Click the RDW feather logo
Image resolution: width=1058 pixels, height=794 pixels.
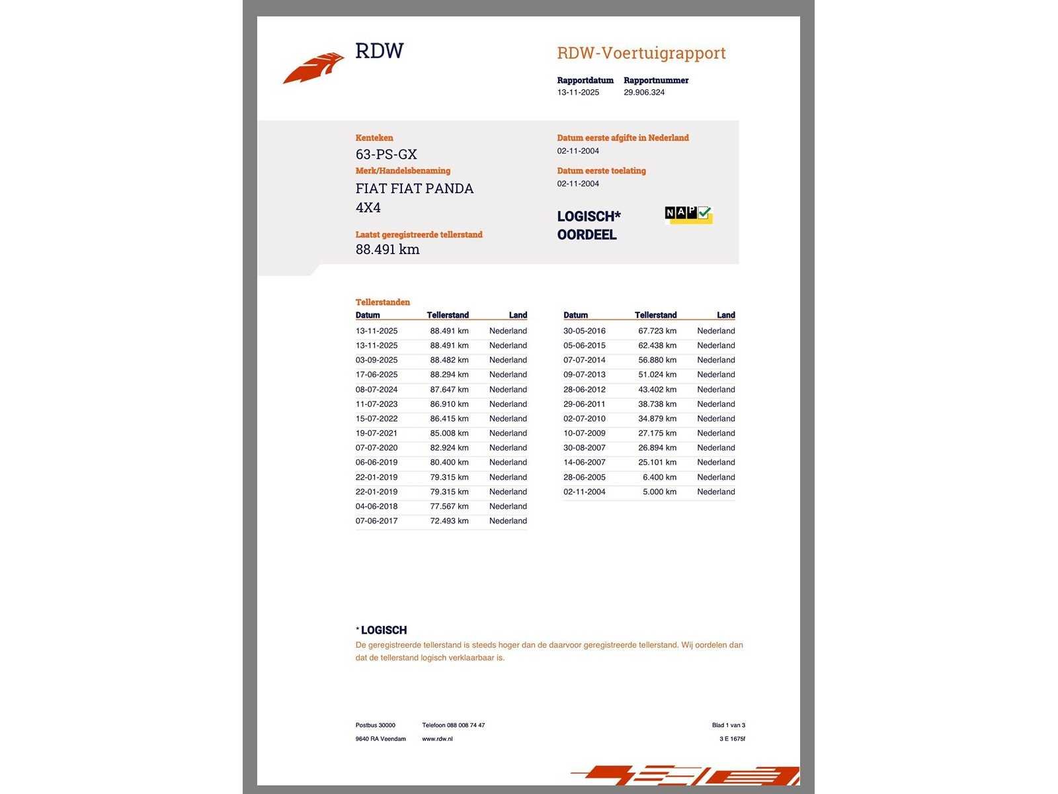point(314,67)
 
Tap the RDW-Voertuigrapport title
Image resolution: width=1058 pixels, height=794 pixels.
point(641,53)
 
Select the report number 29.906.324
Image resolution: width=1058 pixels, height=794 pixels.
point(643,93)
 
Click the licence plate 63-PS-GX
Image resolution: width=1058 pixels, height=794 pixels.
point(386,154)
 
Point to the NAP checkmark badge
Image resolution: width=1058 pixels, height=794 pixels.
point(688,214)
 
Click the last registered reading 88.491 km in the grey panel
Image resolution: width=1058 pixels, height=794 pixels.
point(387,249)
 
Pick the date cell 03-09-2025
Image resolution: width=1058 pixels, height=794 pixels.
point(376,360)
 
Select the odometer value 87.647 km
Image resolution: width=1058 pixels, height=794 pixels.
point(449,390)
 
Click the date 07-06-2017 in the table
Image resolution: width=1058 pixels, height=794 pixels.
point(376,521)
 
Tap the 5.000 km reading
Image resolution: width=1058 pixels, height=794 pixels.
point(659,492)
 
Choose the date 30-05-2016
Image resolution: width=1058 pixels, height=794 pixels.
point(584,331)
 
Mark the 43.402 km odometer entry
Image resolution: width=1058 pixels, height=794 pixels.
point(657,390)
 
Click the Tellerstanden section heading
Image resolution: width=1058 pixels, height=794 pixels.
point(382,302)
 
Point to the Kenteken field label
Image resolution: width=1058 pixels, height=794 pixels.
point(374,138)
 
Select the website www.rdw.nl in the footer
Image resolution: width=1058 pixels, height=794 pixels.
point(437,739)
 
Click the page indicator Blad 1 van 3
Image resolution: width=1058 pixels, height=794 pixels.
point(728,725)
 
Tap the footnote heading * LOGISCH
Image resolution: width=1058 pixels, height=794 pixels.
point(382,631)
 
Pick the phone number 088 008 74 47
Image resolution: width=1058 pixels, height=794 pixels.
point(466,725)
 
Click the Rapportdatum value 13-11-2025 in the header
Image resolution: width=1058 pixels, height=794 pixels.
point(578,93)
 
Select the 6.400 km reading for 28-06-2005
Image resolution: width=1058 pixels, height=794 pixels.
point(659,477)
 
